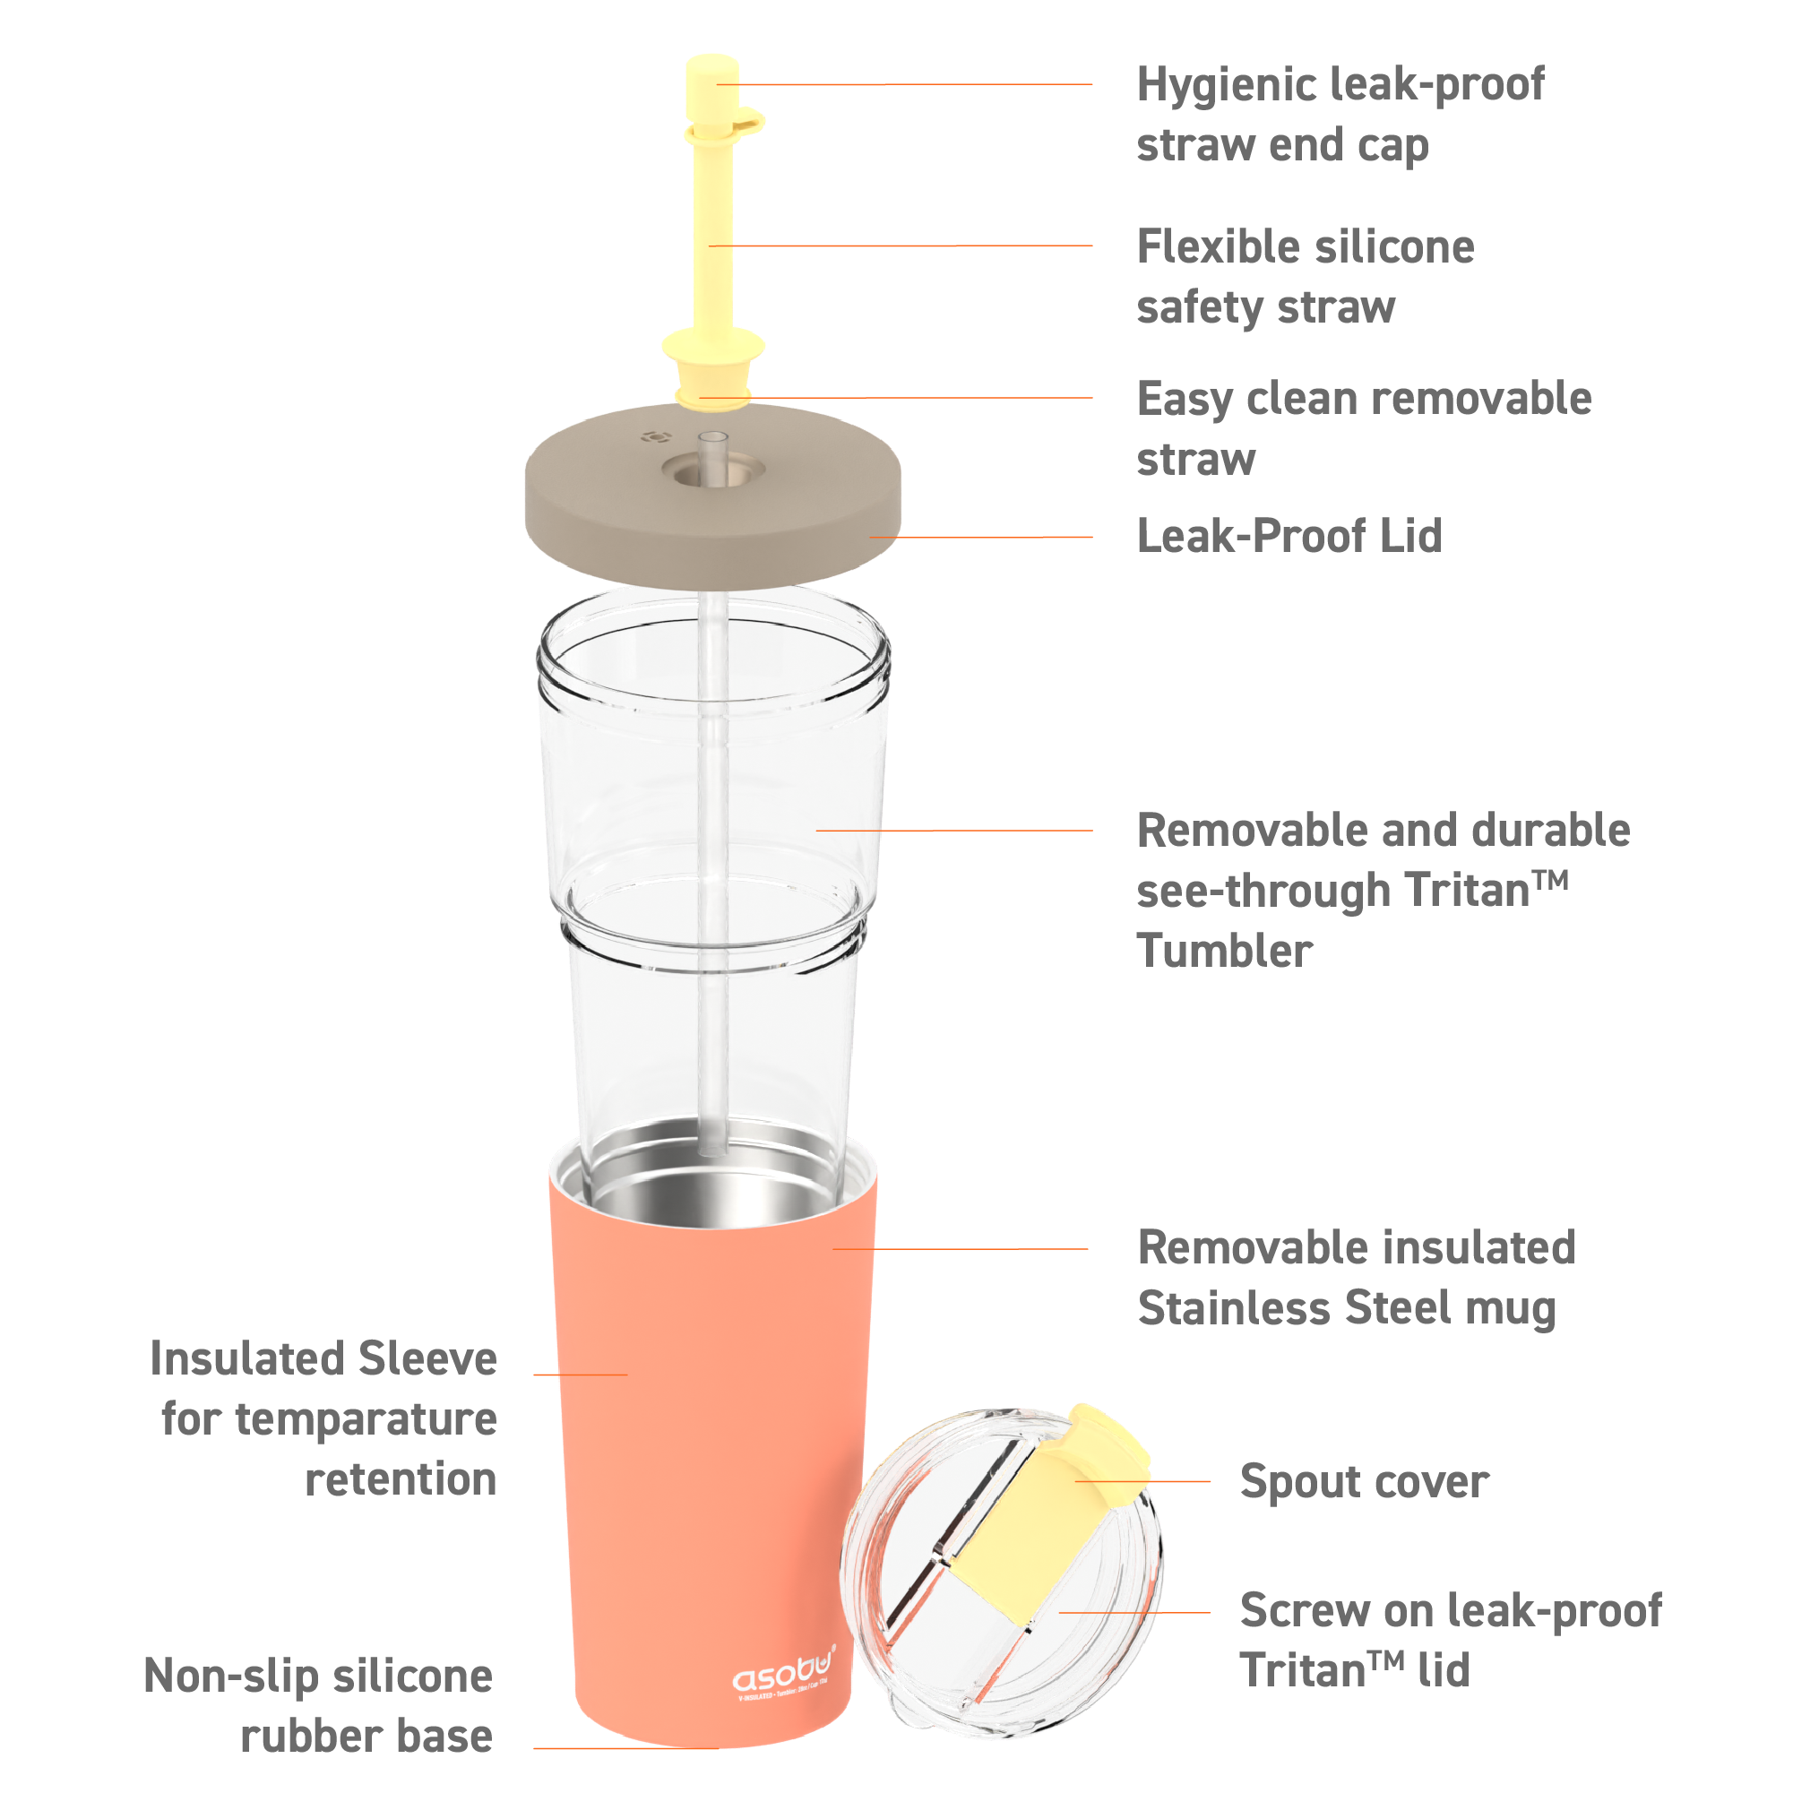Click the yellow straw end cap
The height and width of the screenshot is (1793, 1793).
pyautogui.click(x=711, y=85)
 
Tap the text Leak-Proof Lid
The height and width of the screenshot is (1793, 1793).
pyautogui.click(x=1289, y=537)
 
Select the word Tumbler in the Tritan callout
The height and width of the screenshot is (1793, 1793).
pyautogui.click(x=1224, y=952)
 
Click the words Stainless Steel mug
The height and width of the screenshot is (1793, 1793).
pyautogui.click(x=1347, y=1308)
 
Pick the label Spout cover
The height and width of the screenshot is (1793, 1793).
pyautogui.click(x=1363, y=1482)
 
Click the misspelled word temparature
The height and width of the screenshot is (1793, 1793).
pyautogui.click(x=366, y=1420)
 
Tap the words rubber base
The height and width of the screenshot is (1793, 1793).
pyautogui.click(x=366, y=1737)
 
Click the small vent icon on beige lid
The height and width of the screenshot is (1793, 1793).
pyautogui.click(x=656, y=437)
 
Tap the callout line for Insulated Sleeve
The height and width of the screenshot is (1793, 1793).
pyautogui.click(x=580, y=1375)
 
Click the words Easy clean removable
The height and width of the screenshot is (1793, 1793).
pyautogui.click(x=1363, y=400)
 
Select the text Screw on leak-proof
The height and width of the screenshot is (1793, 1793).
pyautogui.click(x=1451, y=1611)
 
